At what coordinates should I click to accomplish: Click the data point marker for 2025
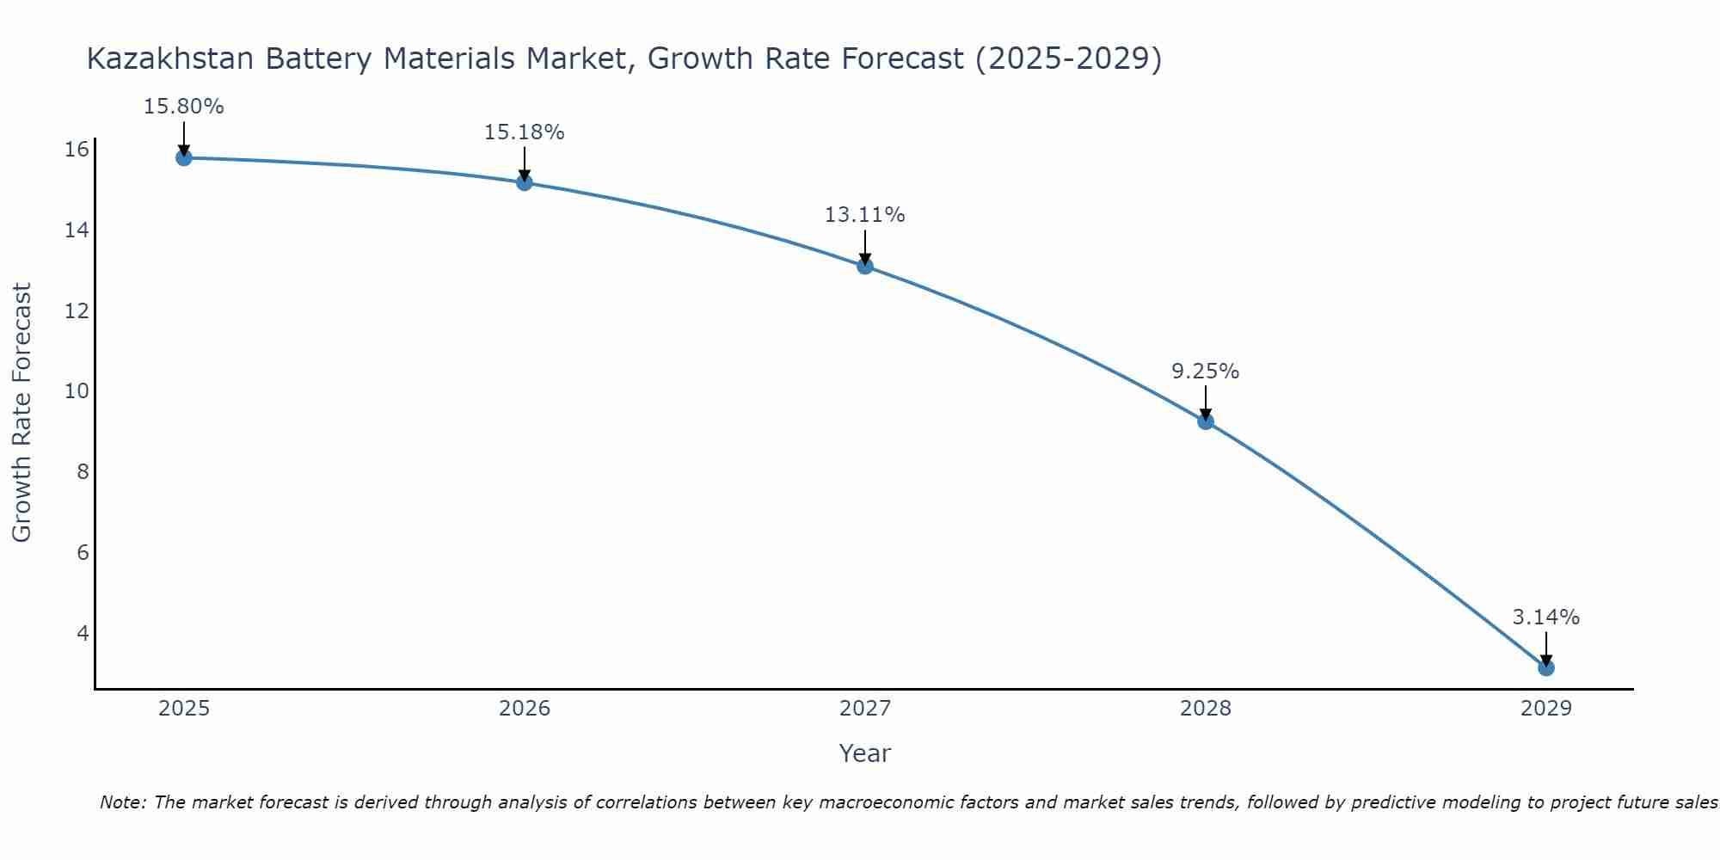tap(183, 157)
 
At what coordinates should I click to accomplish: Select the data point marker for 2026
tap(524, 182)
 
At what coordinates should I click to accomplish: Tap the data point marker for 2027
tap(864, 266)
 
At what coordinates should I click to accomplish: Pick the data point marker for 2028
tap(1205, 421)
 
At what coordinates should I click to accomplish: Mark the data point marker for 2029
tap(1545, 667)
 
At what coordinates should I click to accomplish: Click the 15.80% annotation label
tap(183, 107)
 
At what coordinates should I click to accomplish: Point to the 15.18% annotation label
tap(524, 132)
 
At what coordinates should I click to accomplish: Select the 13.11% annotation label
tap(864, 215)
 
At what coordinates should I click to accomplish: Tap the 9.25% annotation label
tap(1205, 372)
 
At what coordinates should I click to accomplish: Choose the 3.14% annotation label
tap(1545, 617)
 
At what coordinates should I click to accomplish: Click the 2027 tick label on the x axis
tap(864, 709)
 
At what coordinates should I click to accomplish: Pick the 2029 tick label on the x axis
tap(1545, 709)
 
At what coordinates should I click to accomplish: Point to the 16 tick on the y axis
tap(77, 150)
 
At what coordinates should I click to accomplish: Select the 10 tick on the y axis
tap(77, 391)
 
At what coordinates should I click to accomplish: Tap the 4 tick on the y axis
tap(83, 633)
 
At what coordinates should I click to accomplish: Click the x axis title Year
tap(864, 753)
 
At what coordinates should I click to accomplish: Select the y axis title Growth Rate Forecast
tap(22, 413)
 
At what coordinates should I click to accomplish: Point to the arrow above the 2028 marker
tap(1205, 401)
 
